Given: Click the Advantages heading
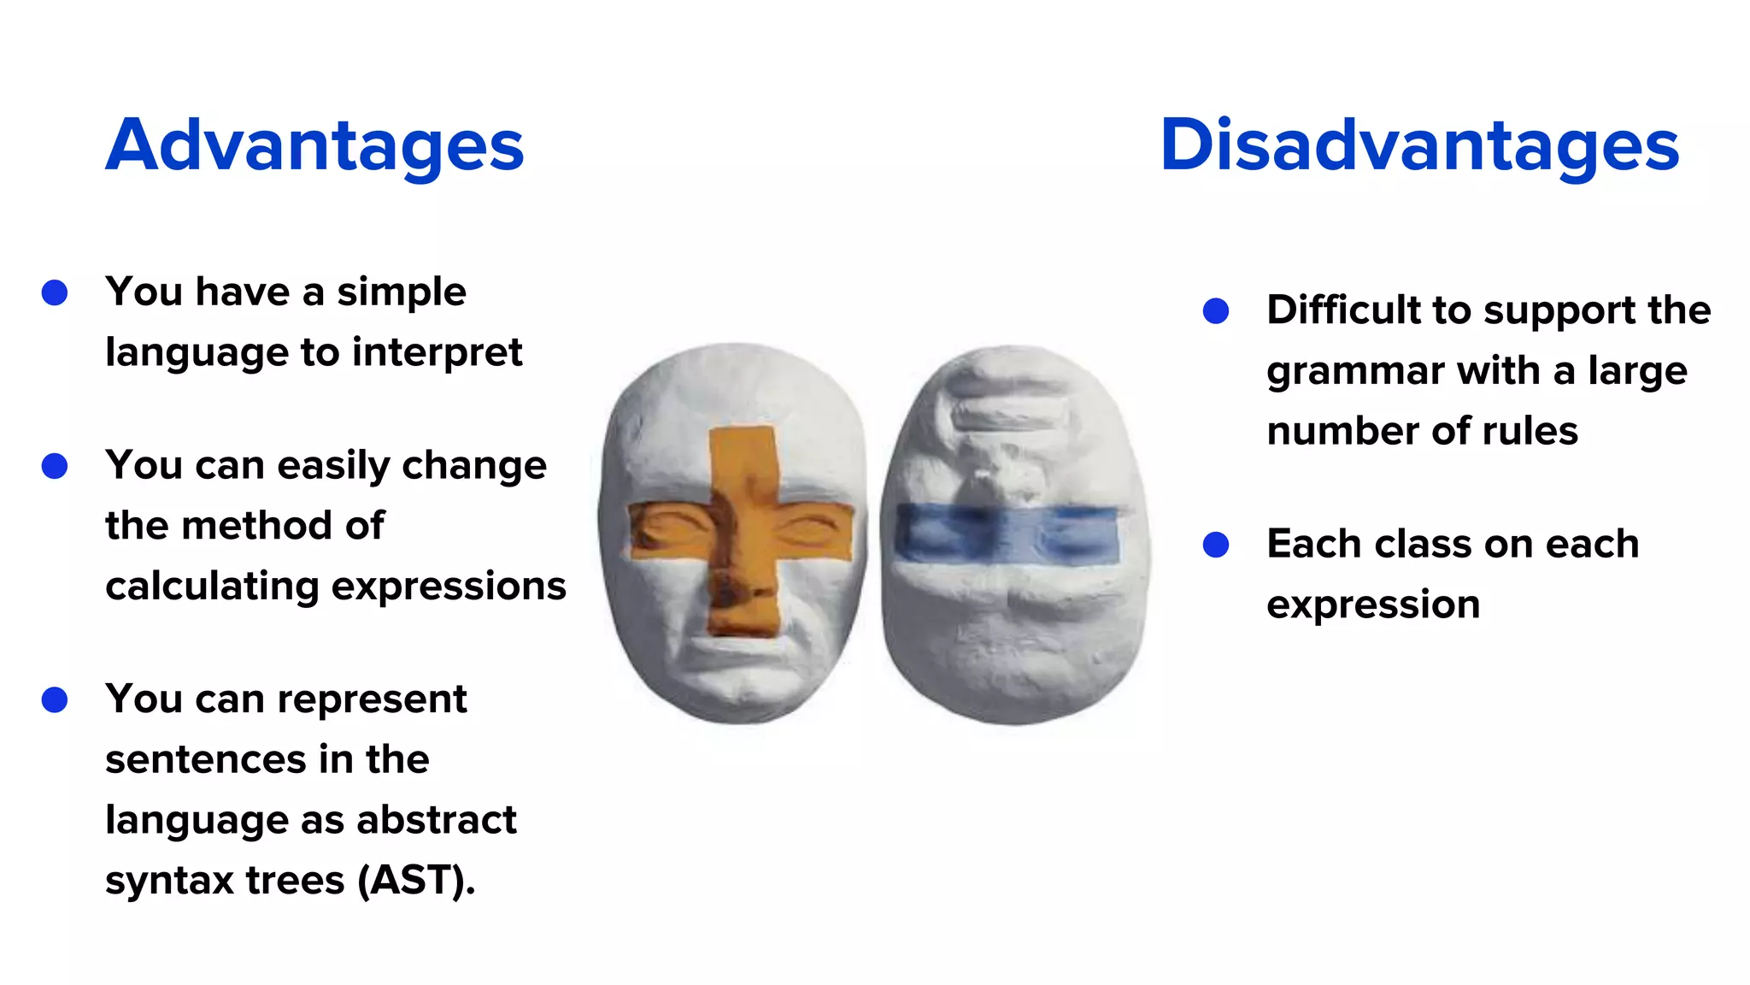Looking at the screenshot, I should coord(314,145).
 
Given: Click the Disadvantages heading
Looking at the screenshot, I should coord(1419,145).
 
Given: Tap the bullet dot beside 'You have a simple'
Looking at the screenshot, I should coord(55,292).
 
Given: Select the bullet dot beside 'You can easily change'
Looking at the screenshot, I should coord(55,466).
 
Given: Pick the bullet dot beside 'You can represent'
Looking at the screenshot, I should coord(55,699).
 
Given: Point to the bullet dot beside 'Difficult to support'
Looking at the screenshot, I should coord(1215,310).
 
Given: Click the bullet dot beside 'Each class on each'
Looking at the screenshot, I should coord(1215,545).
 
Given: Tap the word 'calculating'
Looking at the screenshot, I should coord(212,587).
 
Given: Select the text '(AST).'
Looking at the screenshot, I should coord(416,881).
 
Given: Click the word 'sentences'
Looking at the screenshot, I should coord(205,759).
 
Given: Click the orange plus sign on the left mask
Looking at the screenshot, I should coord(743,530).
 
